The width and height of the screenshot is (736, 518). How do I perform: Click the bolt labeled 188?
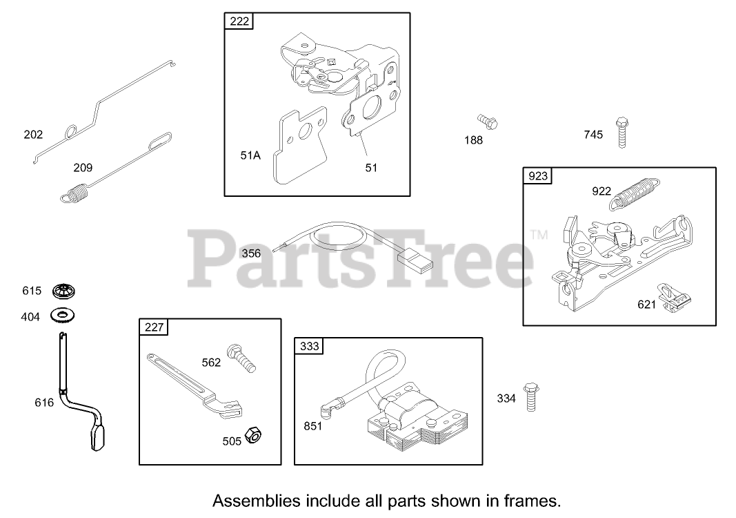[x=488, y=124]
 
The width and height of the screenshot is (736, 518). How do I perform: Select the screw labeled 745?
[x=621, y=133]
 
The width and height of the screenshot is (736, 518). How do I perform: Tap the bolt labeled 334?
[x=530, y=396]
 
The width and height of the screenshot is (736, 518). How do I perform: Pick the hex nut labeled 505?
[x=253, y=435]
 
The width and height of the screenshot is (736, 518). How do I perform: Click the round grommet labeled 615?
[x=63, y=291]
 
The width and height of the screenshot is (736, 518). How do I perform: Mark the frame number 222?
[x=239, y=21]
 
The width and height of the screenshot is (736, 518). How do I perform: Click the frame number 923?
[x=537, y=176]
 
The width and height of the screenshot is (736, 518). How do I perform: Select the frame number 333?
[x=310, y=346]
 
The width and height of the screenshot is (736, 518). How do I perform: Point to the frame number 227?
[x=155, y=327]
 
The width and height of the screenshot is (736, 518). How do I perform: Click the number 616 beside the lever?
[x=44, y=402]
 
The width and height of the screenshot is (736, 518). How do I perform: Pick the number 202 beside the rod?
[x=33, y=134]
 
